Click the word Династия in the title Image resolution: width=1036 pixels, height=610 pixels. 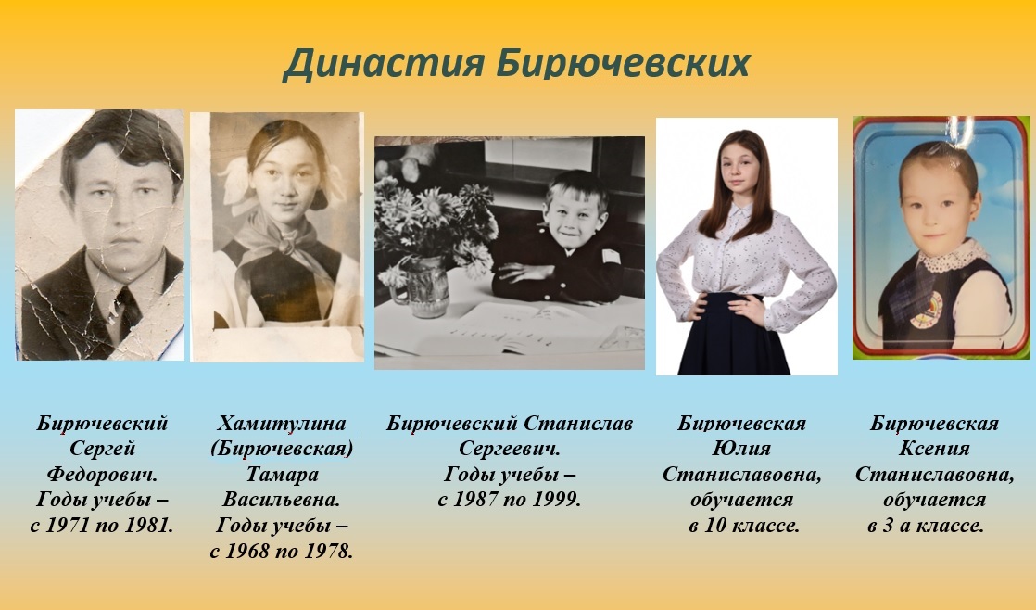click(385, 64)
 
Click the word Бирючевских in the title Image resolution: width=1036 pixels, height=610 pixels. click(624, 63)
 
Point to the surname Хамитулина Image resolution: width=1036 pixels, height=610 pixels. click(282, 423)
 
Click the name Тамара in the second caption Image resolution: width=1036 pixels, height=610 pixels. click(282, 474)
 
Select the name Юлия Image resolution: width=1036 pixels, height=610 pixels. click(741, 448)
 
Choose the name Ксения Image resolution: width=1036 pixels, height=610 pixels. click(934, 448)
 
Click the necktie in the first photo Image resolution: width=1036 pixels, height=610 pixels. click(128, 310)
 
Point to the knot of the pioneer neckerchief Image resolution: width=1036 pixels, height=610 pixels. click(287, 246)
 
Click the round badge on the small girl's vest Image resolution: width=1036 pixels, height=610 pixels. click(926, 310)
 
